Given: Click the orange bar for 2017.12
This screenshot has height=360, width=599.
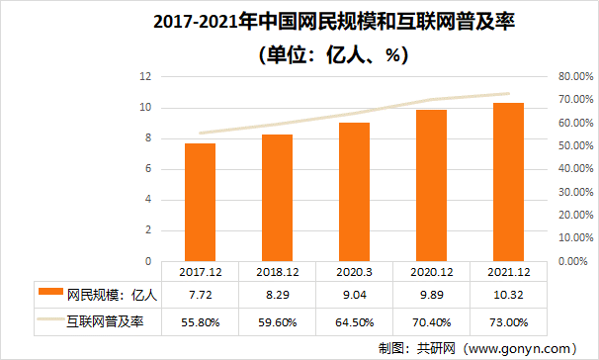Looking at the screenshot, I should (x=200, y=203).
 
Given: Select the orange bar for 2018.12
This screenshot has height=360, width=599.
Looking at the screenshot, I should (x=277, y=198).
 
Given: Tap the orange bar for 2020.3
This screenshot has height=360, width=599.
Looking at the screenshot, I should (x=355, y=192).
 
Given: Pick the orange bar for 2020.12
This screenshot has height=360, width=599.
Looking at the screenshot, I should (x=431, y=186).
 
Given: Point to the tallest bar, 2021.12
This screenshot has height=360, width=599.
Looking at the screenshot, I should (x=508, y=182).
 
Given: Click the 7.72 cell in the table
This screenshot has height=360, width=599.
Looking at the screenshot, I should (x=200, y=294).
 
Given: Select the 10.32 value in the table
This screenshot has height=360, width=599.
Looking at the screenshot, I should (x=508, y=294).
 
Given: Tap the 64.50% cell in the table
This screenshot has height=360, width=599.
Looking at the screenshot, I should (x=355, y=320).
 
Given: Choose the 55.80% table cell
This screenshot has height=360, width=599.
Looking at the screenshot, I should (x=200, y=320).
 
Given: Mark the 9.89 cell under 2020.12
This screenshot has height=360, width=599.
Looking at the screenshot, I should (x=431, y=294).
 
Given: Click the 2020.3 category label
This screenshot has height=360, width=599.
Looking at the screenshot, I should (x=355, y=269).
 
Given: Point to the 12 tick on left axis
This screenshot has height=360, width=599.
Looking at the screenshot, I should (x=145, y=76).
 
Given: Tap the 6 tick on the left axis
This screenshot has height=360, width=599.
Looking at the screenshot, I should (x=148, y=169).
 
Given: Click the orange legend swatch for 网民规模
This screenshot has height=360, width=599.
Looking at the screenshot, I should (x=49, y=294).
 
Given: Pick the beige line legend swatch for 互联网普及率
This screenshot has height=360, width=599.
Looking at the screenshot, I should (x=49, y=320).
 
